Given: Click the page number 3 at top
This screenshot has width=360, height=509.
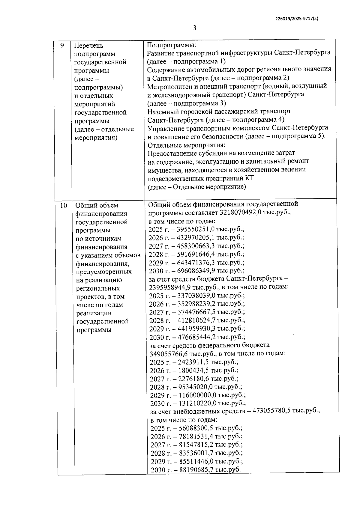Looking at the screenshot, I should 194,28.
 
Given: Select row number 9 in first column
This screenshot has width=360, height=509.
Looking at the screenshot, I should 62,46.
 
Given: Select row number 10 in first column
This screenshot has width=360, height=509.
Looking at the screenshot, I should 63,206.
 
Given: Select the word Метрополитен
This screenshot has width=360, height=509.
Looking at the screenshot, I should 168,86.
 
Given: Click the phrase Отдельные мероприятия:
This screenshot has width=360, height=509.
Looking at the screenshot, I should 186,145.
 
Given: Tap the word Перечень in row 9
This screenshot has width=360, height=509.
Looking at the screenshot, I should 88,46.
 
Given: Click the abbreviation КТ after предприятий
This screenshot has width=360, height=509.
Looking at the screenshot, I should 249,178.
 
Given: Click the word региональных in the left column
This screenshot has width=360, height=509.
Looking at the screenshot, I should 98,288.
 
